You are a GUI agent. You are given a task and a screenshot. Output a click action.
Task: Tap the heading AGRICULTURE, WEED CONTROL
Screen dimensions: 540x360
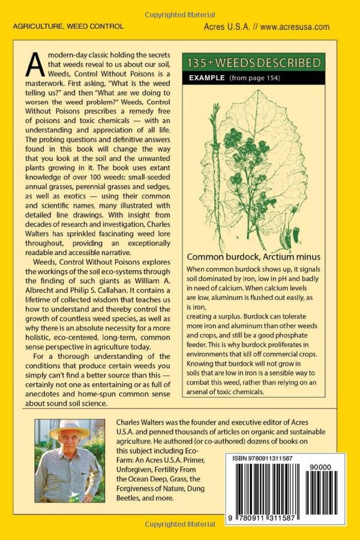[x=68, y=26]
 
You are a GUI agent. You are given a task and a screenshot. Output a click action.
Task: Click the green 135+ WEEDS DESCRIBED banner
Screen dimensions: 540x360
[x=254, y=62]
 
